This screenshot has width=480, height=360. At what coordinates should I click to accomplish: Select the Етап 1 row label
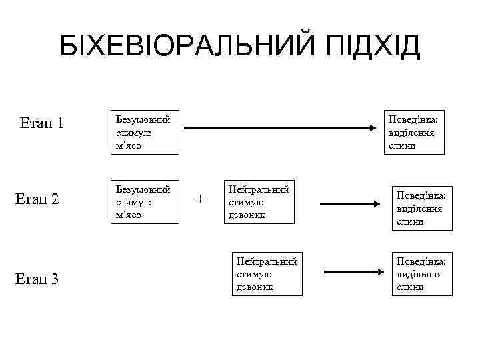[x=42, y=123]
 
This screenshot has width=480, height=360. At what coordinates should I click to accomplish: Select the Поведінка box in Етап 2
[x=421, y=208]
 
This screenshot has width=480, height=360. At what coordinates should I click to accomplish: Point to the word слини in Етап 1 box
[x=403, y=146]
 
